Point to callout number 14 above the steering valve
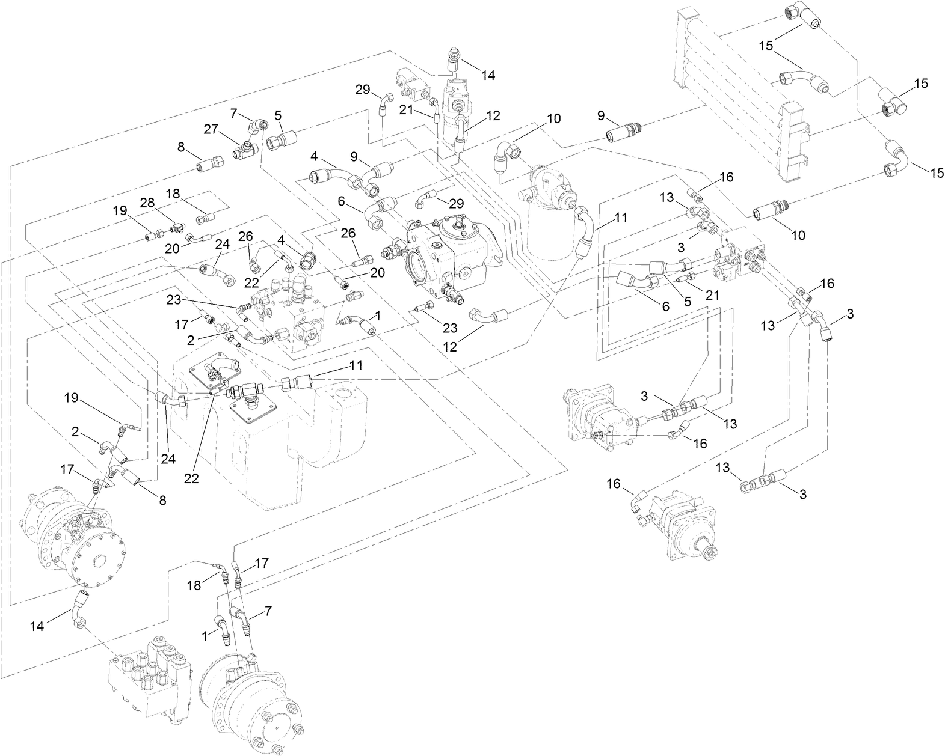tap(488, 76)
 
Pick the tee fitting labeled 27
tap(247, 148)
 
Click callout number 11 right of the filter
tap(621, 217)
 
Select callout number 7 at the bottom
tap(268, 610)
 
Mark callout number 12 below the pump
tap(450, 346)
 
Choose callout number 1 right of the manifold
tap(377, 314)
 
